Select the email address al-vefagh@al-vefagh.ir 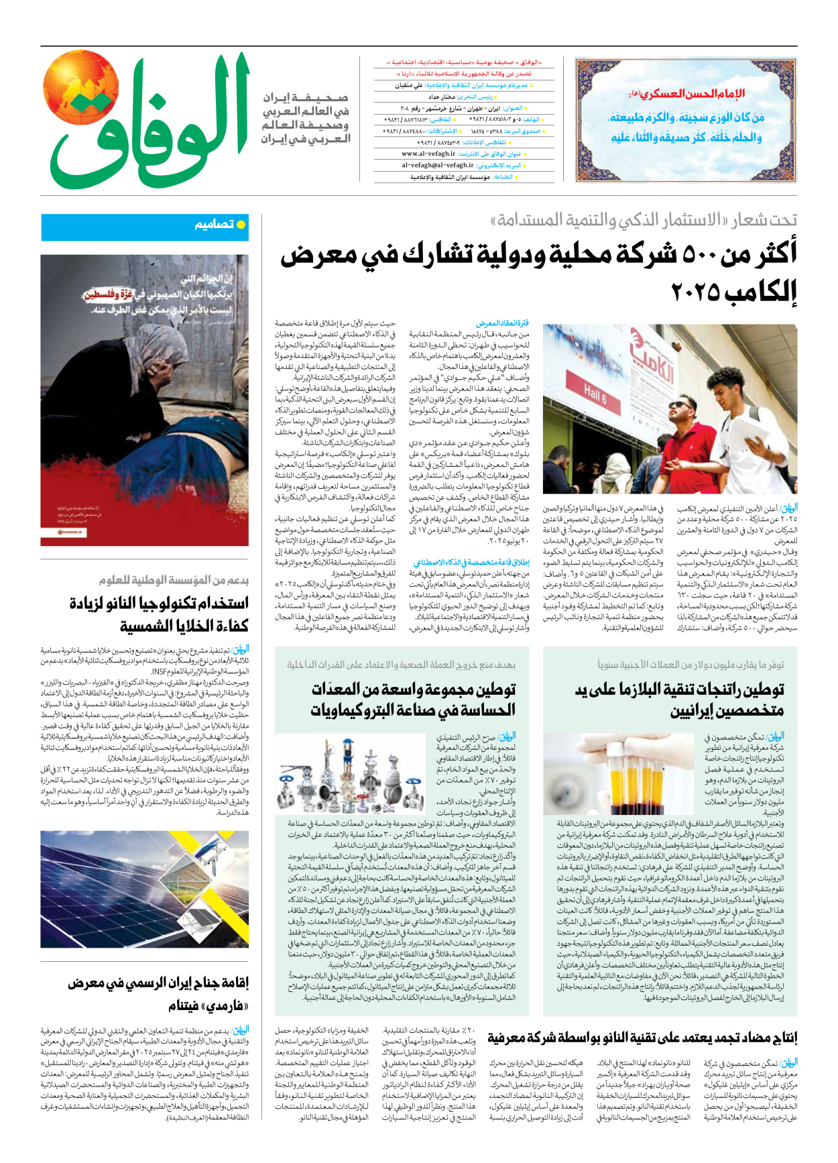(x=437, y=165)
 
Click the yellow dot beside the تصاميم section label (x=241, y=225)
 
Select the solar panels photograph (x=144, y=889)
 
